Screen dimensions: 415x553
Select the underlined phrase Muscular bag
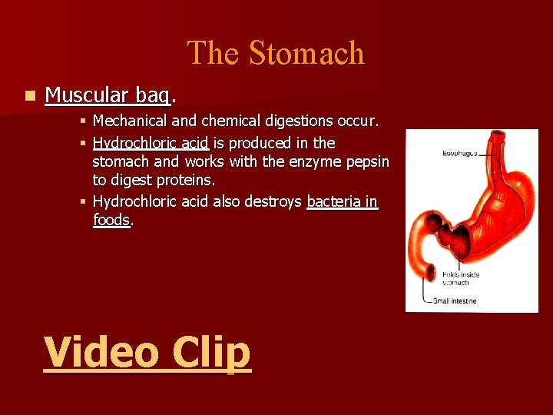click(107, 95)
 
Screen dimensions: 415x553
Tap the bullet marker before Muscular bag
click(29, 96)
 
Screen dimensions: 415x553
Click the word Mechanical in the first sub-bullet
click(127, 121)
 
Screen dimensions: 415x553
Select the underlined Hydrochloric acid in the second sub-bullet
click(151, 143)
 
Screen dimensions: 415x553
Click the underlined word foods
click(111, 221)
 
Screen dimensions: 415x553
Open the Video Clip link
click(147, 354)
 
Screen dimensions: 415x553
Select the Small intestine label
click(454, 300)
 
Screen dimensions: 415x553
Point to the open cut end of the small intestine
click(430, 273)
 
